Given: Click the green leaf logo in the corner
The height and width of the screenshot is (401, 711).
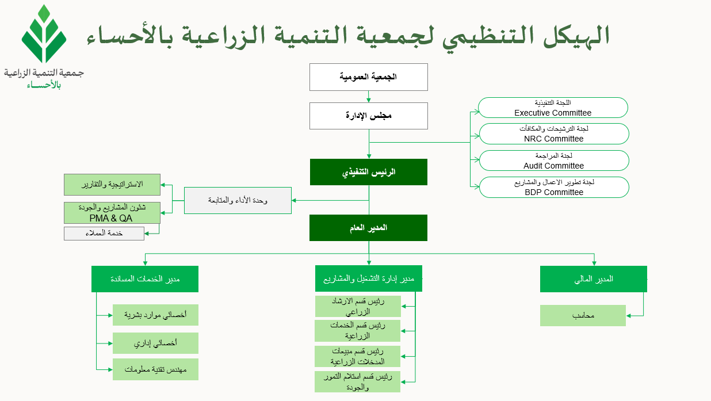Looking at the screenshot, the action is tap(44, 34).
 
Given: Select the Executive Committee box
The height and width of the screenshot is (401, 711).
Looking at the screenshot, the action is tap(553, 108).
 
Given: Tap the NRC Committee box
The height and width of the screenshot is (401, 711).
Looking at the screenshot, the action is tap(554, 134).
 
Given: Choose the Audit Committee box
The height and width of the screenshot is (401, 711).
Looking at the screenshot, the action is tap(554, 161).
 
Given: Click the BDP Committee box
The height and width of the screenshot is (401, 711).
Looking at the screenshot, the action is tap(554, 188).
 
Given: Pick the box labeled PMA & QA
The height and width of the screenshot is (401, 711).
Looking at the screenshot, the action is tap(112, 213).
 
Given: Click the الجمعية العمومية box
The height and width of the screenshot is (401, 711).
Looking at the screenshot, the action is tap(369, 77).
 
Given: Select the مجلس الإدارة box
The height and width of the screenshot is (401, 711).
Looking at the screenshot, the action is tap(369, 116).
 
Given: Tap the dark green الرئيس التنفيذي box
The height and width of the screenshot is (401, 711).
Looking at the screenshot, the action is tap(369, 172).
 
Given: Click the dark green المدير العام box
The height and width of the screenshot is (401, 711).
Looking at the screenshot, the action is tap(368, 228).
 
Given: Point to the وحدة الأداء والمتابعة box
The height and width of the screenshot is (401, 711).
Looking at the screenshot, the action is tap(238, 200).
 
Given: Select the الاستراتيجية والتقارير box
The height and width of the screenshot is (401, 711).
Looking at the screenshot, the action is tap(112, 185).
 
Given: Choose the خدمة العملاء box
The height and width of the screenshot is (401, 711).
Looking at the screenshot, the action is tap(104, 234).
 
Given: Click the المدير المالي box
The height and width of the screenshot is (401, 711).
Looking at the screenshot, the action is tap(594, 279).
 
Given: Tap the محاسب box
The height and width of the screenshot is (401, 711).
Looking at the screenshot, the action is tap(583, 316).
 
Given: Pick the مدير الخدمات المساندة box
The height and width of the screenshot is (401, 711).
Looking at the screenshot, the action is tap(145, 279).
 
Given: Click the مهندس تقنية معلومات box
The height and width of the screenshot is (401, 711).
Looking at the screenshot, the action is tap(155, 369).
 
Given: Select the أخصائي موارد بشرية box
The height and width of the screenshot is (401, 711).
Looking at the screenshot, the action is tap(155, 315).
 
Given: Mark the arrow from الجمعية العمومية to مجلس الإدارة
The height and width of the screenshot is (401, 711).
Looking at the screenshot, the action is tap(369, 97).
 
